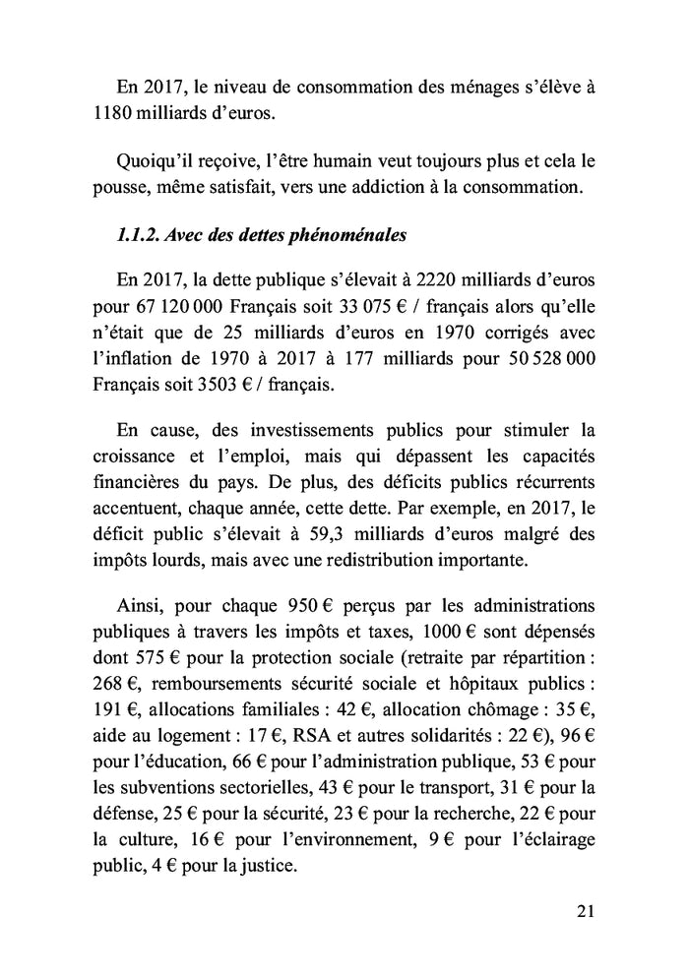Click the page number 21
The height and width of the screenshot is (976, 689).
[586, 911]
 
